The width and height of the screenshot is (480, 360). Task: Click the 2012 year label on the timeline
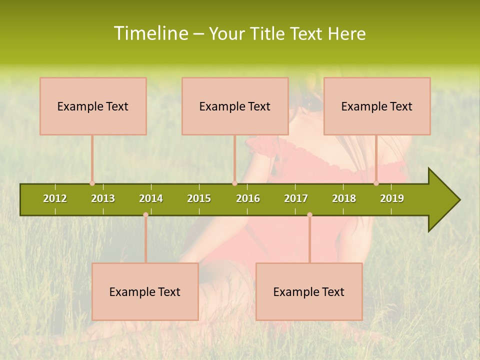pos(55,198)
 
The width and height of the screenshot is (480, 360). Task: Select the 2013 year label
pos(103,198)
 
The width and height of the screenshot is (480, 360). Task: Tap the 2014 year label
pos(151,198)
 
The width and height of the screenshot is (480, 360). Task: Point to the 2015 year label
pos(199,198)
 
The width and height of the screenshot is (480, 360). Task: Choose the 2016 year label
pos(248,198)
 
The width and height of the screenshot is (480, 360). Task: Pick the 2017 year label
pos(296,198)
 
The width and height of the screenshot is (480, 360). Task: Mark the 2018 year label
pos(344,198)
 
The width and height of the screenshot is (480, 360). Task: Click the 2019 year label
pos(392,198)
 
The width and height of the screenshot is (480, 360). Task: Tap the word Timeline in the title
pos(150,33)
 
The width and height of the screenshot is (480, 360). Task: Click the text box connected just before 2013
pos(93,106)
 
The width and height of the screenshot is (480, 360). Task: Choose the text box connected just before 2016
pos(235,106)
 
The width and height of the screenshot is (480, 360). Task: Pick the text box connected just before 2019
pos(377,106)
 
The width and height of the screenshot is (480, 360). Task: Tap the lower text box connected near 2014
pos(145,291)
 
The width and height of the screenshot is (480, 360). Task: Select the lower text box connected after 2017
pos(309,291)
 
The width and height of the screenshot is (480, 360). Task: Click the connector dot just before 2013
pos(92,183)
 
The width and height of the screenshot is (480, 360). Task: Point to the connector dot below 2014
pos(145,214)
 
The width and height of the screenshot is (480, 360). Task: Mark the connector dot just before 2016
pos(234,183)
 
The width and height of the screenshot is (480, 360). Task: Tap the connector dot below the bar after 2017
pos(309,214)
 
